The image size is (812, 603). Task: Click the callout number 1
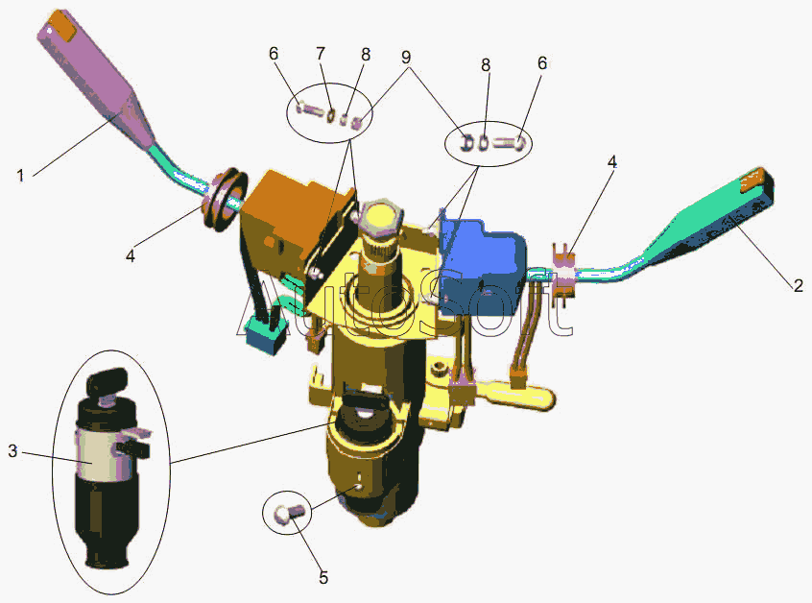(19, 175)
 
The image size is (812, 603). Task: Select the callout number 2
(798, 285)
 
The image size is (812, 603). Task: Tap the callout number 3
(12, 450)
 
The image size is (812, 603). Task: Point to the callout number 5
(323, 577)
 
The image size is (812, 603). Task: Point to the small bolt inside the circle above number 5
(285, 514)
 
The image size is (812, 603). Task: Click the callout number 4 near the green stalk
(611, 161)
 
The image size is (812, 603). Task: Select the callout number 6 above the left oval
(274, 55)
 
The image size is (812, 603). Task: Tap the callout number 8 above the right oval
(486, 64)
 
